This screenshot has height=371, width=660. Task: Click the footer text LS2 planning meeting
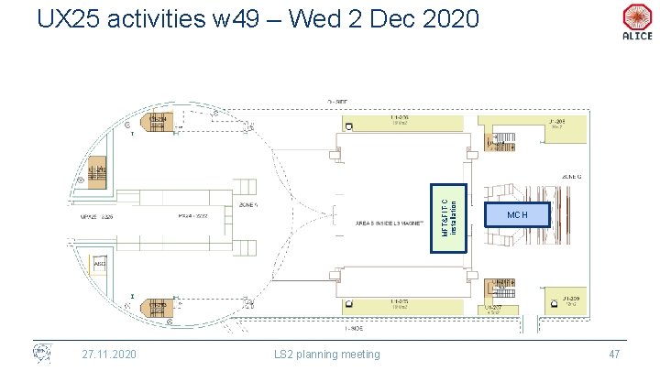(327, 354)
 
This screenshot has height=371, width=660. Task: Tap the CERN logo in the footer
(41, 354)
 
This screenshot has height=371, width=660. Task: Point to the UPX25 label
(99, 218)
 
